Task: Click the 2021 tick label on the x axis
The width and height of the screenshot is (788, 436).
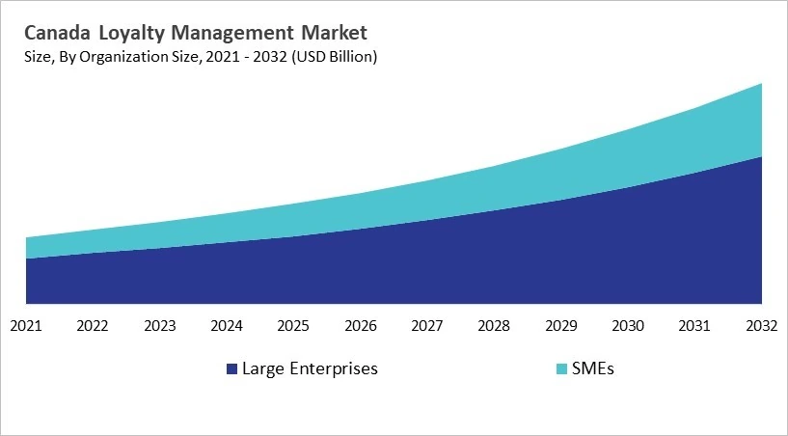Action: pos(26,326)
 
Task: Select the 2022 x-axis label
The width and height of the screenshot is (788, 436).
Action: pos(93,326)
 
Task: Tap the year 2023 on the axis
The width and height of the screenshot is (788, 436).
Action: pos(159,326)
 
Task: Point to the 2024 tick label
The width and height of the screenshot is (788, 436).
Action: pos(226,326)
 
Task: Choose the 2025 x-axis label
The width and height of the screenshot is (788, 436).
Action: pos(292,326)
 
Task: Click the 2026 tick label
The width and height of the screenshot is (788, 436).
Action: pos(359,326)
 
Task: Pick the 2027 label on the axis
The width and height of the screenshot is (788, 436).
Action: pos(425,326)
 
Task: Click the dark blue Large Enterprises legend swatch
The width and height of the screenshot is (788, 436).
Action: pos(231,369)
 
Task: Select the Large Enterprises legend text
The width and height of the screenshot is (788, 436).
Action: pos(310,368)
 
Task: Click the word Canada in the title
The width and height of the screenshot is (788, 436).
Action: pos(57,34)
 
